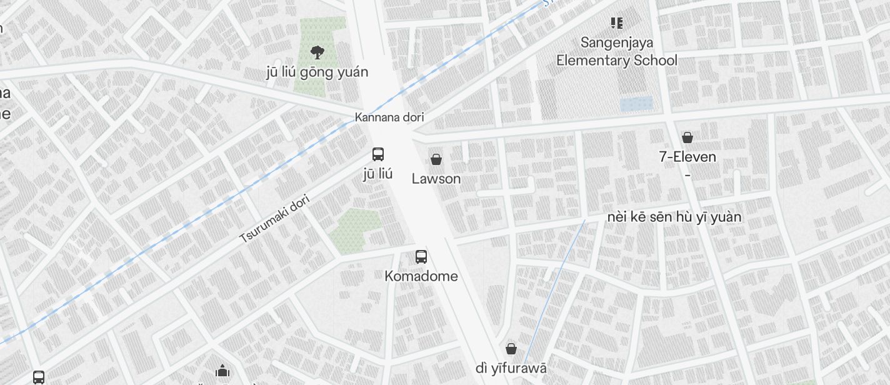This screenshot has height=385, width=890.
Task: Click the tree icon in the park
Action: [x=317, y=52]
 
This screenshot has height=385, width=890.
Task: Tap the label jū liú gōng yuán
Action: [x=317, y=72]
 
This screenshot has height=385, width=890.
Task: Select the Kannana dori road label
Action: [x=389, y=117]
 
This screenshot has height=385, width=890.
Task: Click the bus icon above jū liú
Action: [x=378, y=154]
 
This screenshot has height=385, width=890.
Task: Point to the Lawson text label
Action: [x=436, y=179]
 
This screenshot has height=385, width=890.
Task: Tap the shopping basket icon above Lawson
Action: [x=436, y=159]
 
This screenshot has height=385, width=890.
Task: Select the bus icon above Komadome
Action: [x=421, y=256]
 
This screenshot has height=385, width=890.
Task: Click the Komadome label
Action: [x=421, y=276]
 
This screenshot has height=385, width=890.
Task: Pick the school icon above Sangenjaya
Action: [x=617, y=23]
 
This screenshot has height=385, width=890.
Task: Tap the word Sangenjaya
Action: [x=617, y=42]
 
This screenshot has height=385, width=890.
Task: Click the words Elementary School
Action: [x=617, y=61]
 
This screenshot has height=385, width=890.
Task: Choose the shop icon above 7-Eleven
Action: [x=687, y=137]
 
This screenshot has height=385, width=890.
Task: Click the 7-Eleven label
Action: [x=687, y=157]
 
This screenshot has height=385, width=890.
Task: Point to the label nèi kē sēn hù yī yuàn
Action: [x=674, y=217]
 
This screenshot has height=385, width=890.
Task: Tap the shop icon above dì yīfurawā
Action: [x=511, y=348]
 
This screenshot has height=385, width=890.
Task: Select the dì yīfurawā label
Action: [x=511, y=368]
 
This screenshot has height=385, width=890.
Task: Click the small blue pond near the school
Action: [x=636, y=104]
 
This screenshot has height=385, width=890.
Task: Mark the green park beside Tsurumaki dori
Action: [x=354, y=230]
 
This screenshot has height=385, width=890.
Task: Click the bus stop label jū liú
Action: [x=378, y=173]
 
